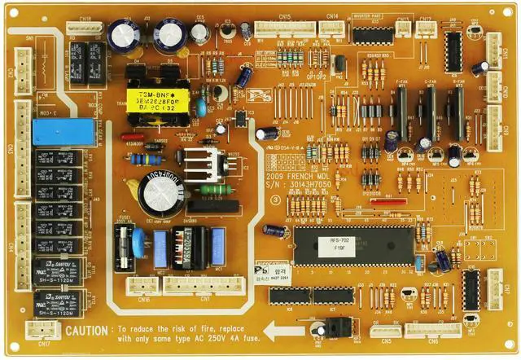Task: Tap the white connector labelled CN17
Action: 38,328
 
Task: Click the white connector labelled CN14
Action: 331,28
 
